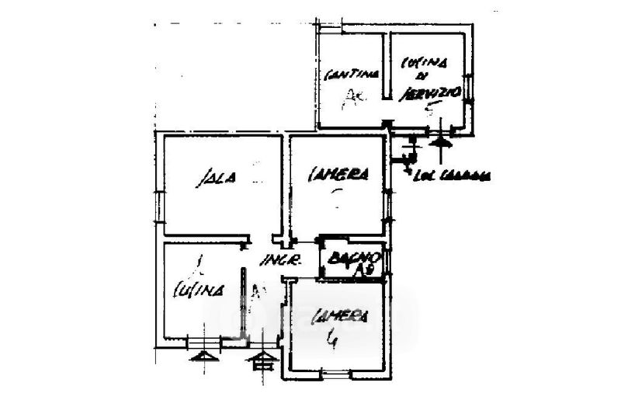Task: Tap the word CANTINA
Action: tap(351, 75)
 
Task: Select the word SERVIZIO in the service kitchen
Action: tap(430, 93)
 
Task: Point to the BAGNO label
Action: tap(352, 257)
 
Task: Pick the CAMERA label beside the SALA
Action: tap(338, 175)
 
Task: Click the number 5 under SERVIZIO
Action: tap(430, 110)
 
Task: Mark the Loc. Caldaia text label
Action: tap(453, 176)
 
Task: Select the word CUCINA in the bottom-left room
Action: tap(198, 290)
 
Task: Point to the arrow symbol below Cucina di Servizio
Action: tap(442, 141)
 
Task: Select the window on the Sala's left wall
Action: tap(158, 207)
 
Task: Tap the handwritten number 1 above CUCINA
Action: tap(199, 264)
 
